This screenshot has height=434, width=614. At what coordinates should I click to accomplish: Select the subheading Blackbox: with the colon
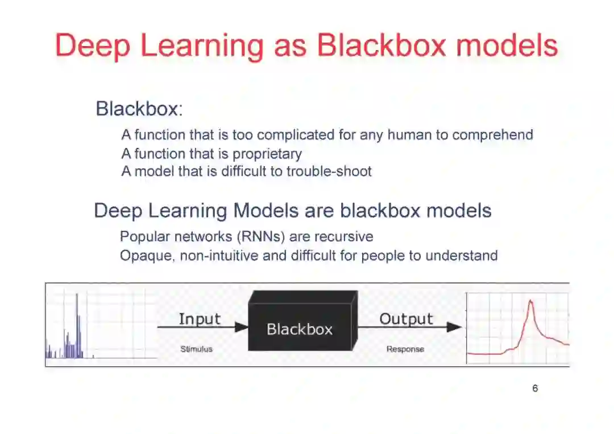pyautogui.click(x=139, y=109)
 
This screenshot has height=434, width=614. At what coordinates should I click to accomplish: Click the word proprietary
pyautogui.click(x=267, y=154)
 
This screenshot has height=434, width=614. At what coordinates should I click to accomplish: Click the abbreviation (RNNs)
pyautogui.click(x=257, y=237)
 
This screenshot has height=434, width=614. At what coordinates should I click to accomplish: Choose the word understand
pyautogui.click(x=461, y=256)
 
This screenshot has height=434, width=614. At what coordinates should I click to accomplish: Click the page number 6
pyautogui.click(x=535, y=389)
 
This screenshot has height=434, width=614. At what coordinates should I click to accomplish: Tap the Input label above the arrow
pyautogui.click(x=200, y=319)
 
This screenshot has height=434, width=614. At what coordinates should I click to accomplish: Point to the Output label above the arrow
pyautogui.click(x=406, y=319)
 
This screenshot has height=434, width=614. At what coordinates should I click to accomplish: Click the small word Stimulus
pyautogui.click(x=196, y=349)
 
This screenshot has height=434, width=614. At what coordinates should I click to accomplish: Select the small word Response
pyautogui.click(x=405, y=349)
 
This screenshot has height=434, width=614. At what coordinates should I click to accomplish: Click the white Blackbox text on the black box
pyautogui.click(x=299, y=329)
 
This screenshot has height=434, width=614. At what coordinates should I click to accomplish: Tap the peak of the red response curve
pyautogui.click(x=530, y=302)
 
